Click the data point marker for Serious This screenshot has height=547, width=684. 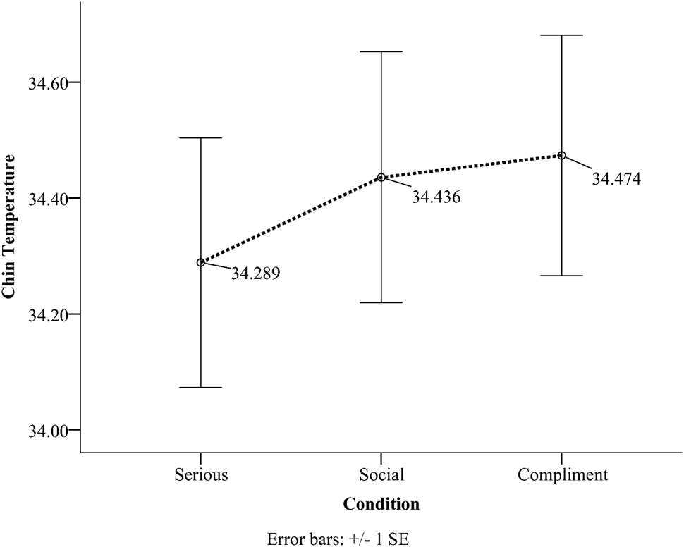(201, 262)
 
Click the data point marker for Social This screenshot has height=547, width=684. (381, 177)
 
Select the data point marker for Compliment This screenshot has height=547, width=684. (562, 155)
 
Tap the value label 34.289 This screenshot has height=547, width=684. (256, 273)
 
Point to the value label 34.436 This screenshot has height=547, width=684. (436, 197)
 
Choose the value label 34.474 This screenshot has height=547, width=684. (616, 179)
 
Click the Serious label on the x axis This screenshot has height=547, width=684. (201, 474)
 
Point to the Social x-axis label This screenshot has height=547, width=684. (381, 474)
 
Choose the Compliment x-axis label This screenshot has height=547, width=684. (562, 475)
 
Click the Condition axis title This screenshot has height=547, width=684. (381, 504)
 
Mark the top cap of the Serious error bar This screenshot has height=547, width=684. (201, 138)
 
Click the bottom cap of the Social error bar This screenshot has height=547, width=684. (381, 302)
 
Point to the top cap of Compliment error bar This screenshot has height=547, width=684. (562, 35)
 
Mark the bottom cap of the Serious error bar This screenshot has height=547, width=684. (201, 387)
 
